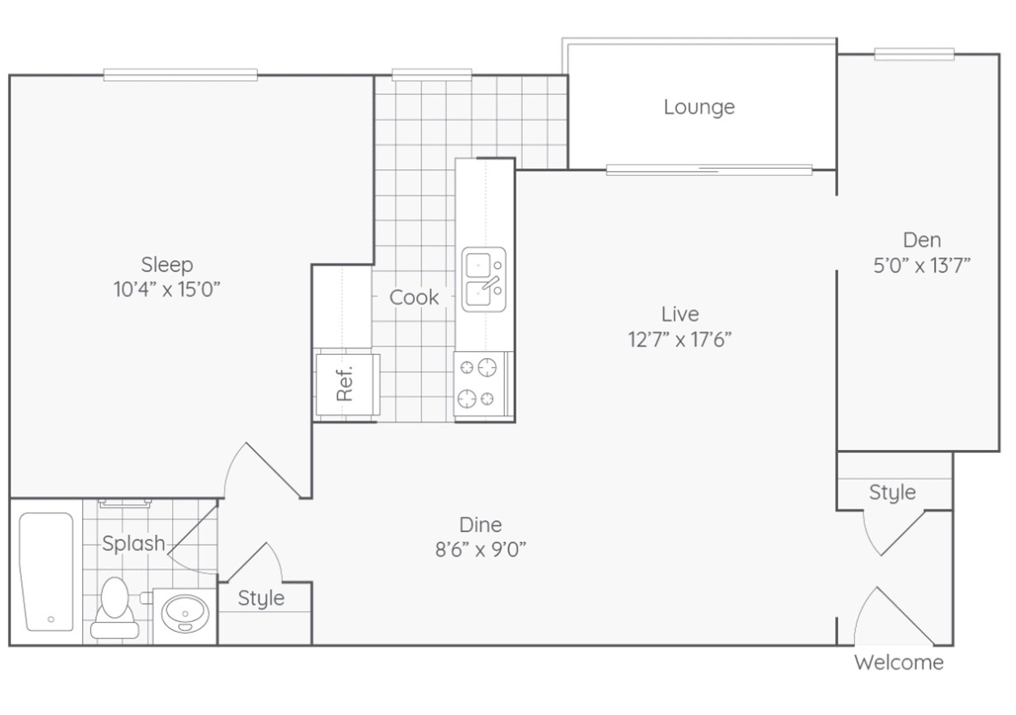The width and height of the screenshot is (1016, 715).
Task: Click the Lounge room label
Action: tap(699, 107)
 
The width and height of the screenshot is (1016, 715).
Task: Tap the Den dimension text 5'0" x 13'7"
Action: tap(921, 265)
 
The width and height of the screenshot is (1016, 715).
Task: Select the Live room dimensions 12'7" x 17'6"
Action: tap(679, 340)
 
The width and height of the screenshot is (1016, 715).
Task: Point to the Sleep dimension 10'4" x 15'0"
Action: tap(167, 290)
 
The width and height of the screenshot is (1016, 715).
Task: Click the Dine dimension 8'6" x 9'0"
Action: tap(480, 550)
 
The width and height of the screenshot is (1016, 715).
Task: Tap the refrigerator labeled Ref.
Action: tap(347, 384)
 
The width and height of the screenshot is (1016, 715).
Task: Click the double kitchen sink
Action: tap(484, 279)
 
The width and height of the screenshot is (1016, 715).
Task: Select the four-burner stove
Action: tap(478, 383)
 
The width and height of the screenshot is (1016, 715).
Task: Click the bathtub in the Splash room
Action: tap(47, 572)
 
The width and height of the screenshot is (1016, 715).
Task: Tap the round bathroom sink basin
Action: tap(185, 613)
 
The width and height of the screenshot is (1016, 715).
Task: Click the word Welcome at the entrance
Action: tap(899, 663)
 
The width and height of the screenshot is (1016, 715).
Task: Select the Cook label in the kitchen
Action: tap(414, 298)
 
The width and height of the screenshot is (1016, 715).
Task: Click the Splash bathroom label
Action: tap(133, 544)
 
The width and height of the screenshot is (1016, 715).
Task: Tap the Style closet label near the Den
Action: tap(892, 492)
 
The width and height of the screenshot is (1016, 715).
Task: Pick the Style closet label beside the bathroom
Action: tap(261, 598)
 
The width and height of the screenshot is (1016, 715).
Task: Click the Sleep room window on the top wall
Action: tap(180, 75)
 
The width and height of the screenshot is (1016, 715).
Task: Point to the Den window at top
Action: tap(914, 54)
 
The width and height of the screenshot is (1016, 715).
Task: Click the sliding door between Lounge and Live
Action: tap(709, 170)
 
